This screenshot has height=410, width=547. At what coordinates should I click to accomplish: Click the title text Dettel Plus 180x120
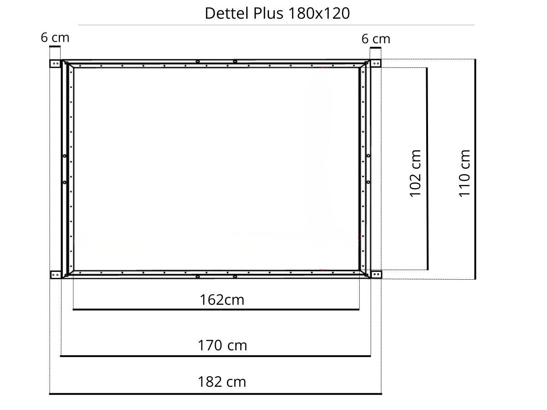(x=277, y=13)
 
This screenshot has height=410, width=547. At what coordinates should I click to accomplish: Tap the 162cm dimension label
(x=222, y=300)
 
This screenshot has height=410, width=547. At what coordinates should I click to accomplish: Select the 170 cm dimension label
(x=222, y=345)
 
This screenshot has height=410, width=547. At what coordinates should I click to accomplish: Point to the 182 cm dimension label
(x=222, y=382)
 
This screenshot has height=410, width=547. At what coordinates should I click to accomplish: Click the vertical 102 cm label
(x=415, y=174)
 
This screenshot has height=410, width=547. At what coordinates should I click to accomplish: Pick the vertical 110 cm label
(x=464, y=174)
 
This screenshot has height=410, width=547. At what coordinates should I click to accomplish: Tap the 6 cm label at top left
(x=55, y=38)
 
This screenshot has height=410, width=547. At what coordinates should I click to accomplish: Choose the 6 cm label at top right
(x=376, y=39)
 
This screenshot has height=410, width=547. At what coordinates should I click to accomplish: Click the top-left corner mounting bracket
(x=55, y=63)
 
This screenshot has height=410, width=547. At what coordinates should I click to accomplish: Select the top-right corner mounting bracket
(x=376, y=63)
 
